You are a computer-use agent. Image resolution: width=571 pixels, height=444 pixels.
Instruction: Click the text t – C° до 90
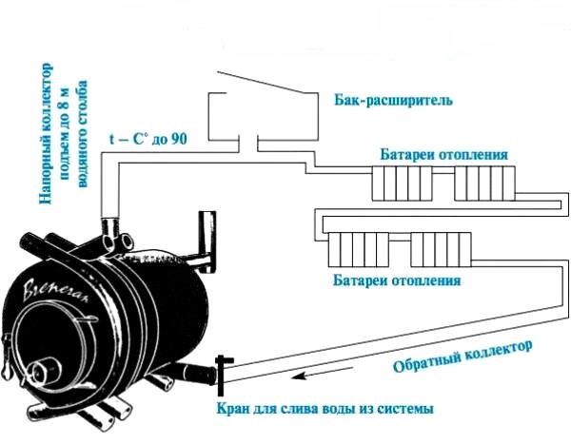coord(148,139)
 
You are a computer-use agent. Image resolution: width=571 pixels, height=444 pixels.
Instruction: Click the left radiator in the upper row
coord(399,181)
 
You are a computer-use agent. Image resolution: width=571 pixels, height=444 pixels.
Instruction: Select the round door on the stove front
coord(42,372)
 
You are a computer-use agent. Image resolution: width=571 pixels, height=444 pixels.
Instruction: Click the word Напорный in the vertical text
coord(47,175)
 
